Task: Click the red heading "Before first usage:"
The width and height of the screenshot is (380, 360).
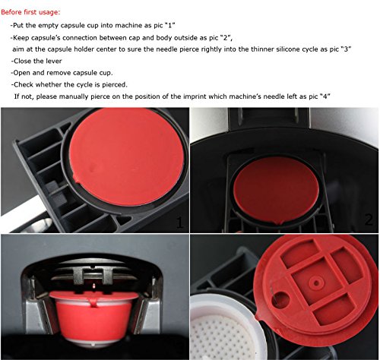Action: tap(30, 12)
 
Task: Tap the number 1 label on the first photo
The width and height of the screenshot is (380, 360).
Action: tap(179, 223)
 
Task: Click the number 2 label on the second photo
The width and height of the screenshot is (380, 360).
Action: tap(369, 219)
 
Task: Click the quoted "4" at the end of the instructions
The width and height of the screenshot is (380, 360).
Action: tap(325, 96)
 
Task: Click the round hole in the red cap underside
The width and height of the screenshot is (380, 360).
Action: tap(280, 299)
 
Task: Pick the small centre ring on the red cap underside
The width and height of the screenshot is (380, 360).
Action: tap(316, 283)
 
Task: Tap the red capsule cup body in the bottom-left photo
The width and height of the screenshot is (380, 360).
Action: tap(94, 317)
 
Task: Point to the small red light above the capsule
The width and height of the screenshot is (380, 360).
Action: tap(93, 286)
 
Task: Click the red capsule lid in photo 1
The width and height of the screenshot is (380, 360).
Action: tap(127, 156)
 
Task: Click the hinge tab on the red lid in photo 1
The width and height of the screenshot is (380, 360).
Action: tap(77, 178)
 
